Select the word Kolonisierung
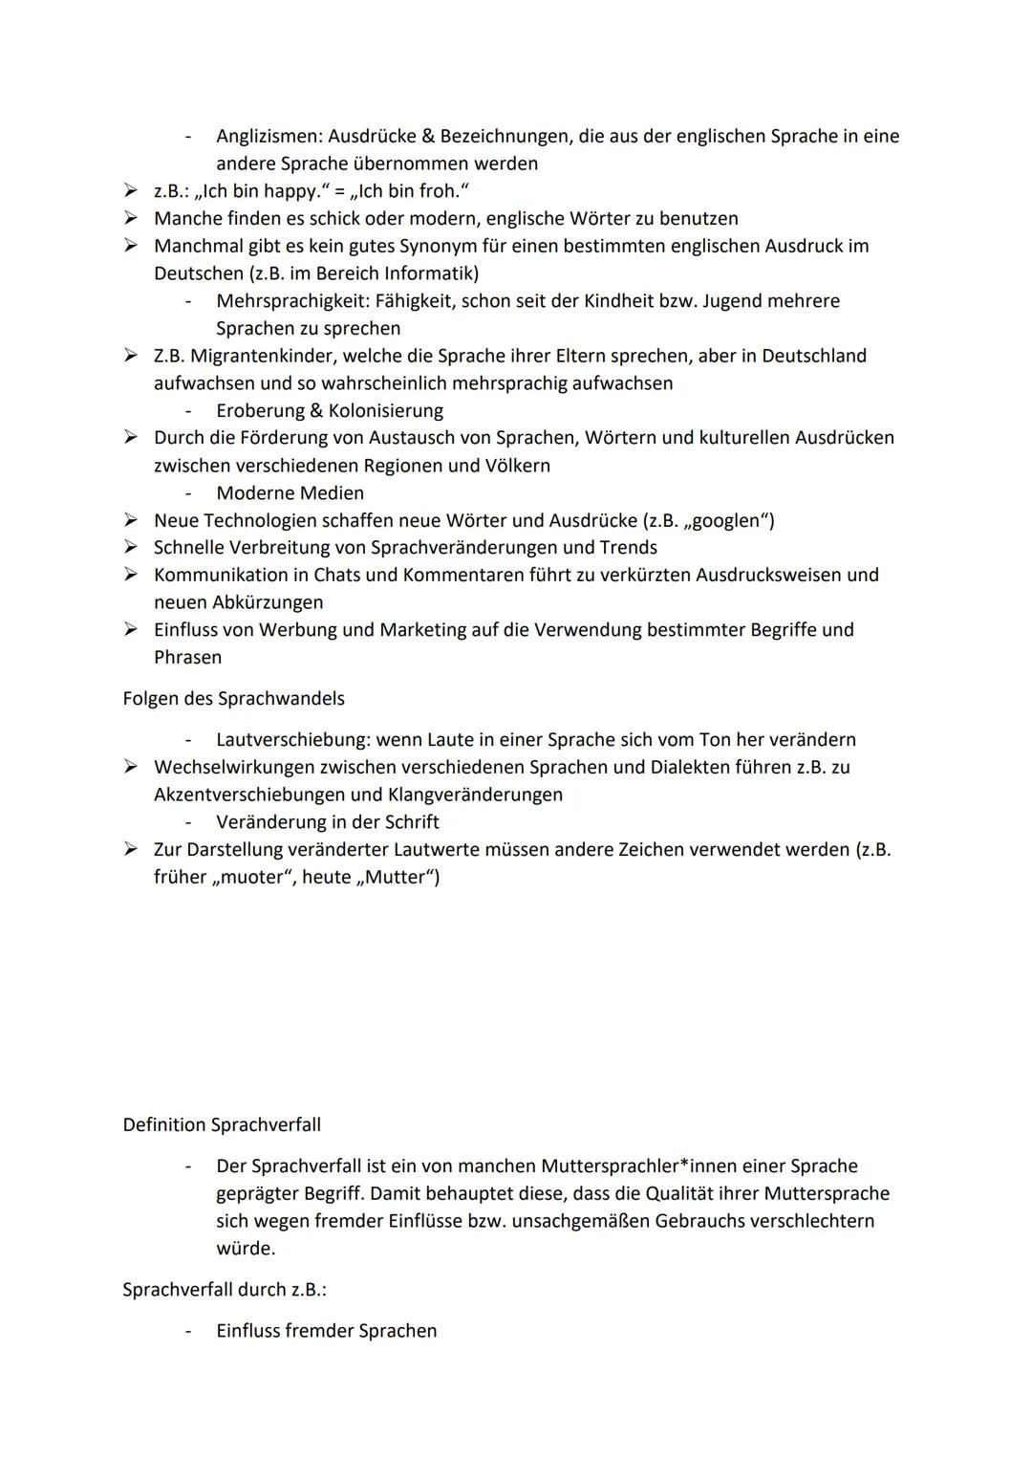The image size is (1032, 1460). [386, 410]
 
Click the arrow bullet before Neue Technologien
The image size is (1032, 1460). [131, 520]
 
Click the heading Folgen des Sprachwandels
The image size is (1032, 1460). [233, 698]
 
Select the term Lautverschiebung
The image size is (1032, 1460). [291, 739]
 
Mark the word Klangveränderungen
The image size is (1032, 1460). [475, 795]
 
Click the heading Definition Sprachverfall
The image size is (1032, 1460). [222, 1124]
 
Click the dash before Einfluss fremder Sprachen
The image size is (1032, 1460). [189, 1331]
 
